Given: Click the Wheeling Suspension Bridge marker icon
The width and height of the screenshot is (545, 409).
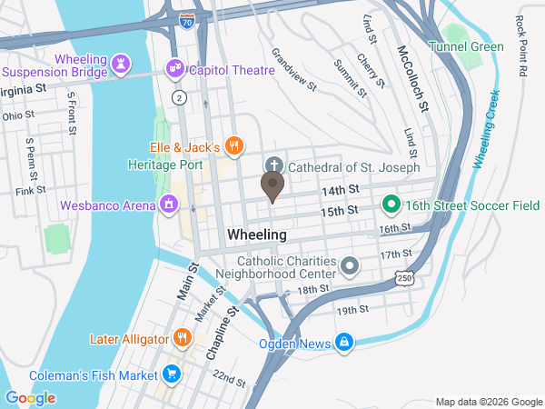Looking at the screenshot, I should pos(121,64).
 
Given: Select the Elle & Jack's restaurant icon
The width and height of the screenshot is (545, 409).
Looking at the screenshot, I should pos(234,145).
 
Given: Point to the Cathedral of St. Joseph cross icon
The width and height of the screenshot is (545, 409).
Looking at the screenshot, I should pos(272,166).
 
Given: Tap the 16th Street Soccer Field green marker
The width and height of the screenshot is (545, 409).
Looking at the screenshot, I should pos(391,204).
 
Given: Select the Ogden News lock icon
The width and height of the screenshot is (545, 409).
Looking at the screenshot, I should pos(344,343).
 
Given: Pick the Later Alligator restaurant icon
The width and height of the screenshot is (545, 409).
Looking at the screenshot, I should pos(182,338).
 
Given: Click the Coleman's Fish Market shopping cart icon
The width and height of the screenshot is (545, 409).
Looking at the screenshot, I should pos(171,373).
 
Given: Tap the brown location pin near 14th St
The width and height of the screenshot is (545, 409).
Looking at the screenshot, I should pos(272,186).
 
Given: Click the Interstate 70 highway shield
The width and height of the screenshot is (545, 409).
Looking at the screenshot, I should pos(187,17).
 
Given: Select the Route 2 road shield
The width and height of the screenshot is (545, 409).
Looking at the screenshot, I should pos(181,97).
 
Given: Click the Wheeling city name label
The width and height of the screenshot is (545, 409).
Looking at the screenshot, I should pos(256,234).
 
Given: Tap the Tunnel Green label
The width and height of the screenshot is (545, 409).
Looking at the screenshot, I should pos(467,46).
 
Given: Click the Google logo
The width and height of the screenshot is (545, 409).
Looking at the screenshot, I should pos(30,397).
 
